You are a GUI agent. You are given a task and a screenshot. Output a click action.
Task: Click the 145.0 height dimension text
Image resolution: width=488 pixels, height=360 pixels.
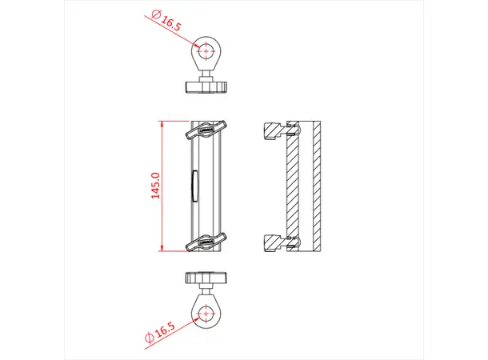coord(157,186)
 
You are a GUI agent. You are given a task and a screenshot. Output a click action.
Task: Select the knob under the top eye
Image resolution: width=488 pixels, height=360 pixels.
coord(207,86)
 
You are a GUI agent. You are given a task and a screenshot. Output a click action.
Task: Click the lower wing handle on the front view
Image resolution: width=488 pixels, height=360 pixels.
coord(207,241)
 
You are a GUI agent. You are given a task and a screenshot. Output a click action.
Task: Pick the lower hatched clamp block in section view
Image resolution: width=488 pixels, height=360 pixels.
coord(274,241)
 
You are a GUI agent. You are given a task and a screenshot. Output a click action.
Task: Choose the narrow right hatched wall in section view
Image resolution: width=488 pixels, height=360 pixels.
coord(318,186)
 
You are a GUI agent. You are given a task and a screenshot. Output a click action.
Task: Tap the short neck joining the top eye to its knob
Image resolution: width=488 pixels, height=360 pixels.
coord(207,75)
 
